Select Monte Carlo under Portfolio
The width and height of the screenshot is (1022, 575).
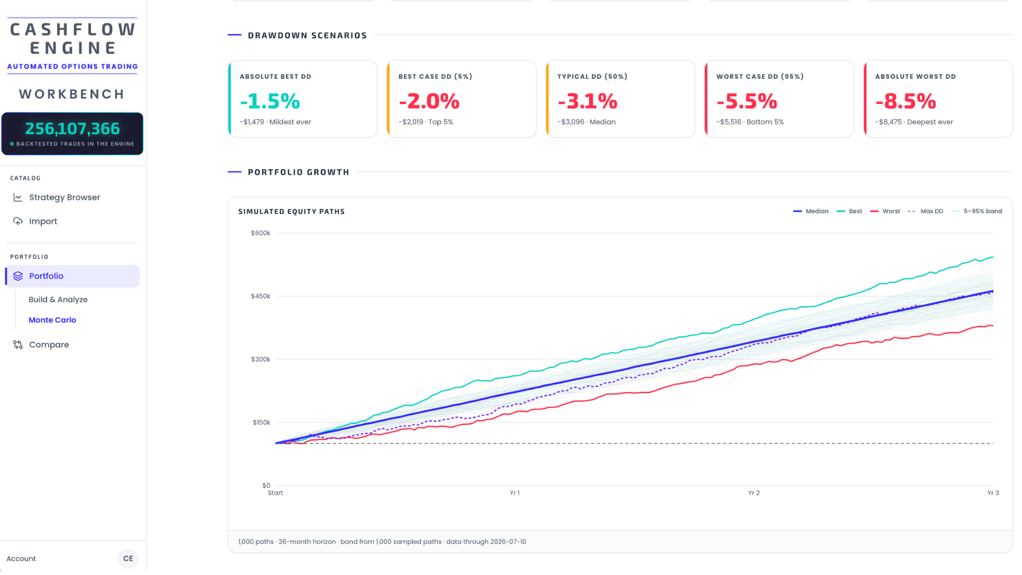(52, 320)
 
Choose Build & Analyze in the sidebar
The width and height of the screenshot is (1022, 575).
(58, 300)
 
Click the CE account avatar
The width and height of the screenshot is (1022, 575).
(128, 558)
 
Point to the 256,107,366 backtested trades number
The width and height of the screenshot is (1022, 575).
(72, 129)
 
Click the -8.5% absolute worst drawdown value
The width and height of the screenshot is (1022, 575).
(905, 101)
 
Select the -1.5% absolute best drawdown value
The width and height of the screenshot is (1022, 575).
(270, 101)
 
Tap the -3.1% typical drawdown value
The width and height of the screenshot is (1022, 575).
(588, 101)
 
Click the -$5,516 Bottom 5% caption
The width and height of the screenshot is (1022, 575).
(750, 122)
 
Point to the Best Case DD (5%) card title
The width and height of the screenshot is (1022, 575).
(435, 77)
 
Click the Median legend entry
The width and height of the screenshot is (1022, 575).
(811, 211)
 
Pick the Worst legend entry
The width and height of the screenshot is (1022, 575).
(885, 211)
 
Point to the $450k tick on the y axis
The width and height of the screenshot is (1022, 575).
(261, 297)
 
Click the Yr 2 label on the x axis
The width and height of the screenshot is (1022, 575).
(754, 493)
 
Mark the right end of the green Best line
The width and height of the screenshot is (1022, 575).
(993, 258)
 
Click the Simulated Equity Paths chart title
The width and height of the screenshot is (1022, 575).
(292, 212)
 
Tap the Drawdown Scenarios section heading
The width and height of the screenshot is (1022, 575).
(308, 36)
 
